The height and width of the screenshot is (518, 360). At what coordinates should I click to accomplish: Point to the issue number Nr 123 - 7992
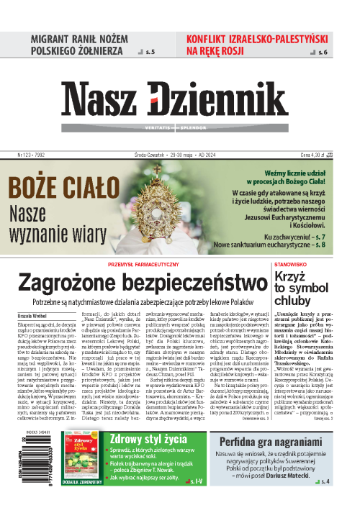(x=32, y=153)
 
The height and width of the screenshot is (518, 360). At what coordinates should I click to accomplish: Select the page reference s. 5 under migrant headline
(x=149, y=53)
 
